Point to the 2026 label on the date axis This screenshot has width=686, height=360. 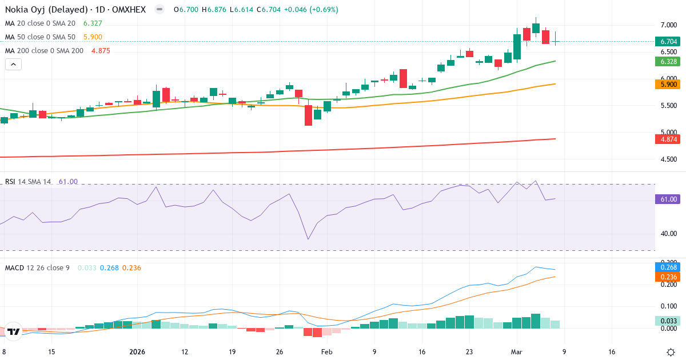click(x=138, y=352)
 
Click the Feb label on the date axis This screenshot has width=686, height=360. click(x=326, y=352)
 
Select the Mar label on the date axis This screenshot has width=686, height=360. click(x=516, y=352)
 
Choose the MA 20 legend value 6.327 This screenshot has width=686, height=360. click(x=93, y=23)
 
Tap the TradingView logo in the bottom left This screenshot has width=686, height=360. click(x=14, y=331)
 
